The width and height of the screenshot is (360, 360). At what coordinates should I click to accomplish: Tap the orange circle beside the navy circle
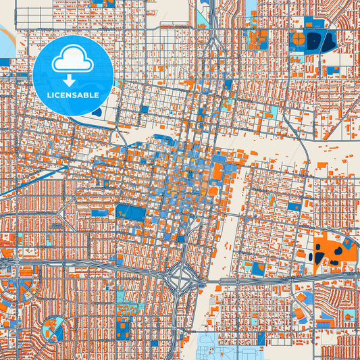coord(313,42)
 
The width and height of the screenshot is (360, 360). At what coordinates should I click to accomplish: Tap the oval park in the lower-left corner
coord(52,330)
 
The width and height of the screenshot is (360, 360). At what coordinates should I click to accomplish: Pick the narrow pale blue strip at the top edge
coord(251,6)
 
